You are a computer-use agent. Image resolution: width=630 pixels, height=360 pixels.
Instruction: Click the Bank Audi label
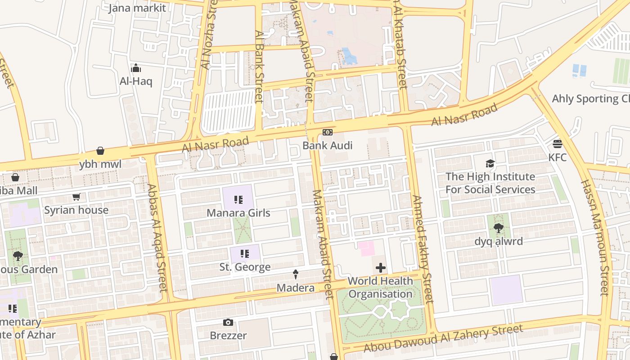pyautogui.click(x=327, y=145)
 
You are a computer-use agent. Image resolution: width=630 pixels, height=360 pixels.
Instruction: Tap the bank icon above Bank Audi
pyautogui.click(x=328, y=132)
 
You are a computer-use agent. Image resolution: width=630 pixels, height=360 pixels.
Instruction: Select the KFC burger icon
pyautogui.click(x=558, y=144)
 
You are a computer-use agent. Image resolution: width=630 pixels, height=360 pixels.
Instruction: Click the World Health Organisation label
pyautogui.click(x=380, y=288)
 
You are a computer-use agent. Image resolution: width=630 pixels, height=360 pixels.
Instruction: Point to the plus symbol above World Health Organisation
pyautogui.click(x=381, y=268)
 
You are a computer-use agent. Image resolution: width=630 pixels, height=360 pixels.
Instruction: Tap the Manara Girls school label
pyautogui.click(x=238, y=212)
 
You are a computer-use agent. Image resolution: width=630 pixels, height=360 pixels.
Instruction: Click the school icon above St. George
pyautogui.click(x=245, y=254)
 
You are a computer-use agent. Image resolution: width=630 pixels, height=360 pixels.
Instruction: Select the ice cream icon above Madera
pyautogui.click(x=296, y=274)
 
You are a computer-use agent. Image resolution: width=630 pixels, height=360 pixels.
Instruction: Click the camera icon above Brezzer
pyautogui.click(x=228, y=322)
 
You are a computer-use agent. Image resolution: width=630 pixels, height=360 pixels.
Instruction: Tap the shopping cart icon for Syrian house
pyautogui.click(x=76, y=197)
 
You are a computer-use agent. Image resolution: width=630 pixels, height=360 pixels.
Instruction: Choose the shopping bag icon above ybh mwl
pyautogui.click(x=100, y=151)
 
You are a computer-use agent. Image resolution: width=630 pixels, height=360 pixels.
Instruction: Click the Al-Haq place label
pyautogui.click(x=136, y=81)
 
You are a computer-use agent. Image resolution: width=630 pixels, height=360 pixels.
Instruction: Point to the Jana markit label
pyautogui.click(x=137, y=8)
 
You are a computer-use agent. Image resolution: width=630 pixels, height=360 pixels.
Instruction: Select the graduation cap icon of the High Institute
pyautogui.click(x=490, y=163)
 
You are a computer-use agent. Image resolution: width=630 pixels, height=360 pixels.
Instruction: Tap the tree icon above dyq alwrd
pyautogui.click(x=498, y=228)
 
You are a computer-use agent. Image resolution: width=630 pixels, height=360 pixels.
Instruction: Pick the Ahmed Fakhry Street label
pyautogui.click(x=422, y=248)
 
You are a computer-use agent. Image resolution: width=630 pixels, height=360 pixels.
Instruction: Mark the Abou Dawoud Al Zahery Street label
pyautogui.click(x=443, y=338)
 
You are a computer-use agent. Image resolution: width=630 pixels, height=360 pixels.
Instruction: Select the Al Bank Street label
pyautogui.click(x=259, y=67)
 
